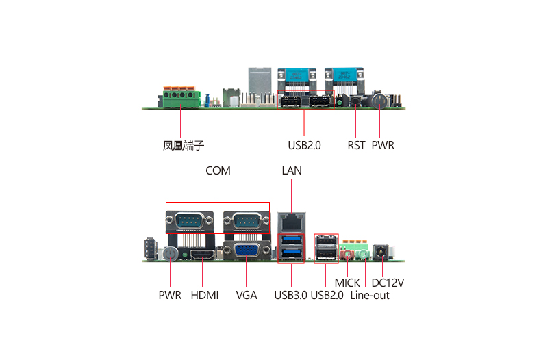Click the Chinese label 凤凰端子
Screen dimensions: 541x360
tap(184, 146)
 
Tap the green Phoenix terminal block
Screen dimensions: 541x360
tap(181, 99)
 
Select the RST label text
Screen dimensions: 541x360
tap(356, 146)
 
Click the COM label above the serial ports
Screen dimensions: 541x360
tap(218, 170)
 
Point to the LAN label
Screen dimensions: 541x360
tap(292, 170)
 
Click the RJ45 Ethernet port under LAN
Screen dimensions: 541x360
tap(292, 222)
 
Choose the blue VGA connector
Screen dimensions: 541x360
tap(247, 250)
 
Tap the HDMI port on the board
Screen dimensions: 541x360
tap(203, 255)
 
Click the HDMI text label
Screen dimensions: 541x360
tap(205, 296)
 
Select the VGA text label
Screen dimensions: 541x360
tap(247, 296)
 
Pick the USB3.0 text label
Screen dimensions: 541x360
tap(290, 296)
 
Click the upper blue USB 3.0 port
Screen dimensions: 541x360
tap(292, 240)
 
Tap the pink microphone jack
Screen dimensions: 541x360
tap(347, 255)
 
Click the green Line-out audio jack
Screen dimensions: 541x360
tap(363, 255)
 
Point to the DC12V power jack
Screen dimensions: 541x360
tap(381, 252)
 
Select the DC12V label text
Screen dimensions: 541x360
tap(388, 283)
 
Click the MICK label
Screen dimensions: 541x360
tap(347, 283)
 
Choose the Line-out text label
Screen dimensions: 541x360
tap(370, 296)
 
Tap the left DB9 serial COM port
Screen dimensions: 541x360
tap(190, 220)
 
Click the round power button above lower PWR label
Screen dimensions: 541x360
tap(170, 254)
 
